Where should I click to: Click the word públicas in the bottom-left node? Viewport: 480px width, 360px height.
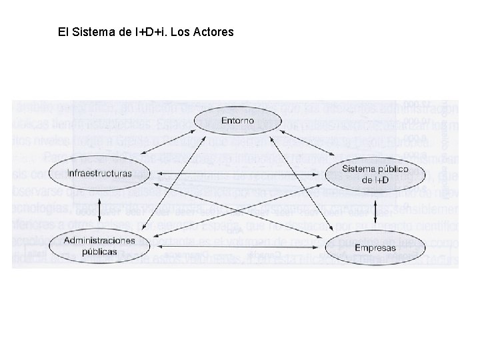coord(101,252)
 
